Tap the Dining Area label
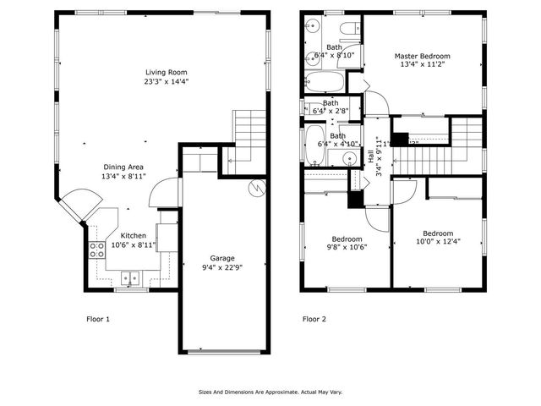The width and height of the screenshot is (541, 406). [x=124, y=167]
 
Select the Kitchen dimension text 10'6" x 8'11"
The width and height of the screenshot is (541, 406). [x=134, y=245]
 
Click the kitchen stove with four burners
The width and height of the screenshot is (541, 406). [x=96, y=250]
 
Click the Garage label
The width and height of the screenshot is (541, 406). [x=222, y=258]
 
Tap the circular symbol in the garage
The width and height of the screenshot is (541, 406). [x=254, y=189]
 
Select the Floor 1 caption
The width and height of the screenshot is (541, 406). [x=98, y=320]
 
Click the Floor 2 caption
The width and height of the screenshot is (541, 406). [x=314, y=320]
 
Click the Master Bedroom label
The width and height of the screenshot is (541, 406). [x=422, y=57]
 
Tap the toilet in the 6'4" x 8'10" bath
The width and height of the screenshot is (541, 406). [x=347, y=31]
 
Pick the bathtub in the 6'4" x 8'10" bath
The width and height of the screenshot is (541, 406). [x=324, y=83]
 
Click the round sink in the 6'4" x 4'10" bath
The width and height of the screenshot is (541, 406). [x=348, y=158]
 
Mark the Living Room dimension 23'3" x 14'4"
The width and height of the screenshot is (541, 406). [x=165, y=82]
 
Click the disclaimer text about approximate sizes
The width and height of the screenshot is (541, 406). [x=270, y=392]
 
